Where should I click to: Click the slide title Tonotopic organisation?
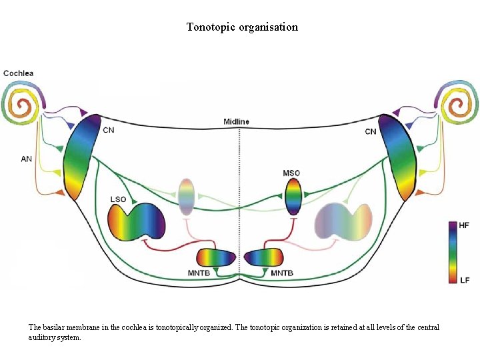pyautogui.click(x=242, y=27)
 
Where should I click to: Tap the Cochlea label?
pyautogui.click(x=19, y=73)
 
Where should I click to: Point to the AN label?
pyautogui.click(x=27, y=159)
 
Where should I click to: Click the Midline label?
pyautogui.click(x=236, y=121)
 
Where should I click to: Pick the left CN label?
pyautogui.click(x=108, y=130)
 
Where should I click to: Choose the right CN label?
pyautogui.click(x=371, y=131)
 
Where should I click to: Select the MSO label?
pyautogui.click(x=291, y=173)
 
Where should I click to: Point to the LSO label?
pyautogui.click(x=118, y=199)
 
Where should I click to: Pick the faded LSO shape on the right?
pyautogui.click(x=343, y=223)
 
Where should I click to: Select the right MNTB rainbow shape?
pyautogui.click(x=263, y=258)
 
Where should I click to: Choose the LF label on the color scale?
pyautogui.click(x=465, y=280)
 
